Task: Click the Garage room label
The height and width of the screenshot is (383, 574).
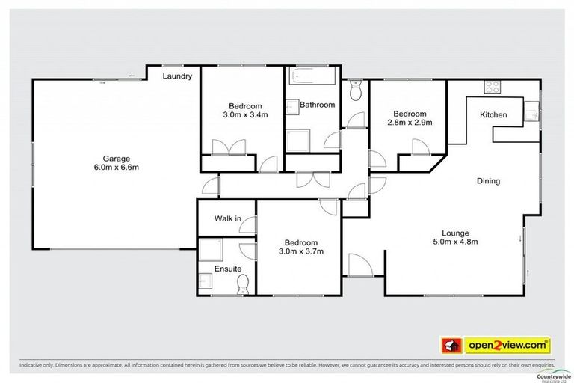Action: (117, 158)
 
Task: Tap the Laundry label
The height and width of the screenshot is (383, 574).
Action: (178, 76)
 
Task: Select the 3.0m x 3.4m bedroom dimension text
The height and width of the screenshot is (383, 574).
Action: (241, 114)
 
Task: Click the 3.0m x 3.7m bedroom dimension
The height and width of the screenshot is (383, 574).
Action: (301, 252)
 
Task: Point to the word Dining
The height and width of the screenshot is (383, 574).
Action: (488, 181)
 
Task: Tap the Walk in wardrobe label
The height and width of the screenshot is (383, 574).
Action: (226, 219)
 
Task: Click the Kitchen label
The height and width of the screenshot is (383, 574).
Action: (493, 115)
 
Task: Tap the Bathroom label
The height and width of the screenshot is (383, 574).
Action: (317, 105)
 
